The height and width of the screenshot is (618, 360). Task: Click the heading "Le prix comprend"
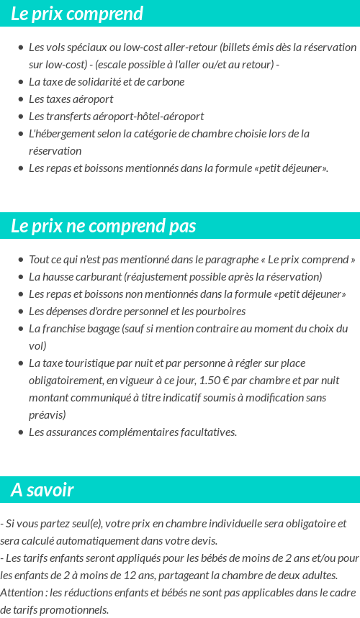(x=77, y=14)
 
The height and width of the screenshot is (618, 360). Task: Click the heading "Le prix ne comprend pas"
(x=104, y=226)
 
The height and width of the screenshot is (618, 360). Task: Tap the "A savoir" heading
(x=42, y=490)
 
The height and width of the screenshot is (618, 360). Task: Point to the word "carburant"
(x=98, y=277)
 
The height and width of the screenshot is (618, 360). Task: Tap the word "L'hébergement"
(x=60, y=133)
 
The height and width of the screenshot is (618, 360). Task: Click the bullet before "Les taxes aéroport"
(x=20, y=99)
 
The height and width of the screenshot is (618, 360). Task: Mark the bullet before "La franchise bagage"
(x=20, y=329)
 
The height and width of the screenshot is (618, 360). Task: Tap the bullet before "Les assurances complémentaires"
(x=20, y=432)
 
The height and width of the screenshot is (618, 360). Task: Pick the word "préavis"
(x=45, y=414)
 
